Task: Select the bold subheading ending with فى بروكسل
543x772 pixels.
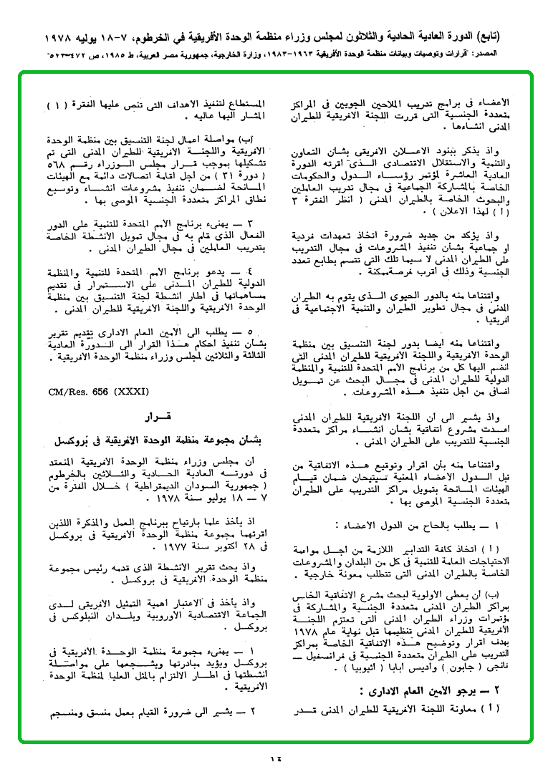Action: (x=158, y=438)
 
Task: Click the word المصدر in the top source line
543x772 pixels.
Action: (x=502, y=54)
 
